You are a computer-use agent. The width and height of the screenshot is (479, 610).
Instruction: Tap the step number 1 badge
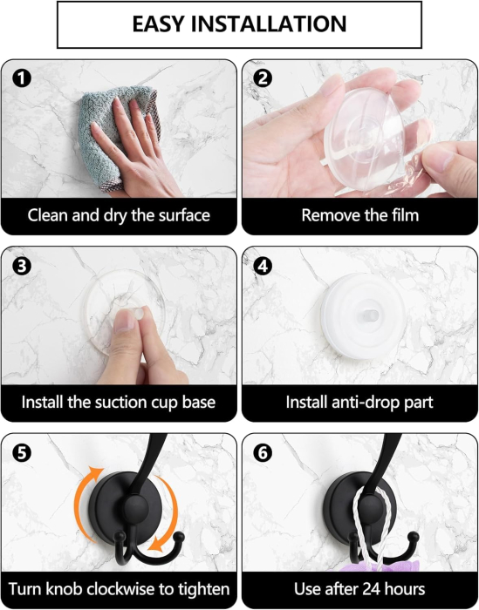point(22,78)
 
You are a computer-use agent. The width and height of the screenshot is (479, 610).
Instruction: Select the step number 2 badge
point(263,78)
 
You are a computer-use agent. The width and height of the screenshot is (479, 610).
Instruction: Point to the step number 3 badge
point(22,266)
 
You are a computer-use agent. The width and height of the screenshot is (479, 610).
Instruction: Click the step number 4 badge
point(263,266)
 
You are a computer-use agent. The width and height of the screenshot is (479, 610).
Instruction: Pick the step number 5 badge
point(22,453)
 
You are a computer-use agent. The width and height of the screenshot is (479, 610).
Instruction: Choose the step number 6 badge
point(263,453)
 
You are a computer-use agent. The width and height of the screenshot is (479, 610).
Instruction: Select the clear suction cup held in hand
point(364,138)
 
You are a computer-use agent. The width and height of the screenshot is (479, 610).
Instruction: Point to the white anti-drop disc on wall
point(363,315)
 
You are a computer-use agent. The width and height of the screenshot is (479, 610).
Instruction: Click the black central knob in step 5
point(136,508)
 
